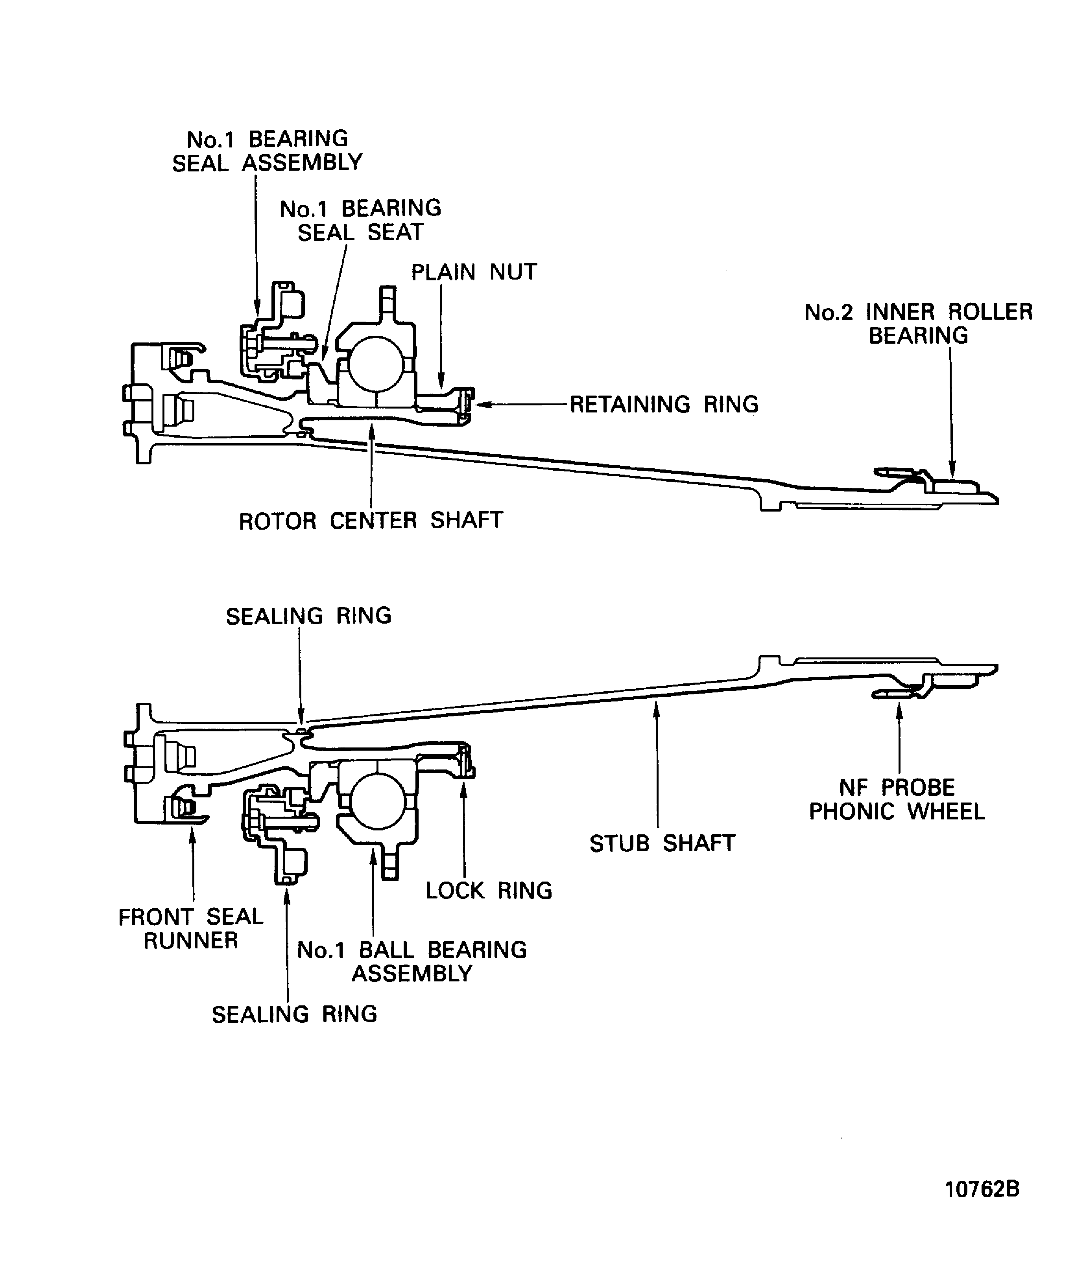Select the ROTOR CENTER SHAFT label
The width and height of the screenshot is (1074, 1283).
click(371, 521)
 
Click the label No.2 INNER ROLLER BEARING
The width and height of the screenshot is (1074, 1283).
click(918, 324)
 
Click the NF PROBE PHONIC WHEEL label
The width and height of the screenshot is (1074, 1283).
click(897, 800)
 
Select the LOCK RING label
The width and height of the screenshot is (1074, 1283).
click(488, 891)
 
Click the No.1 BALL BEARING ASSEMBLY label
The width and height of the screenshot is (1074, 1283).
click(412, 962)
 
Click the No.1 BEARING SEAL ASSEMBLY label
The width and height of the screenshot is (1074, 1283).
click(267, 151)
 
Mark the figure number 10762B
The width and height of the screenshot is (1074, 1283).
click(982, 1189)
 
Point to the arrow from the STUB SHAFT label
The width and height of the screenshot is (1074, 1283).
click(657, 764)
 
